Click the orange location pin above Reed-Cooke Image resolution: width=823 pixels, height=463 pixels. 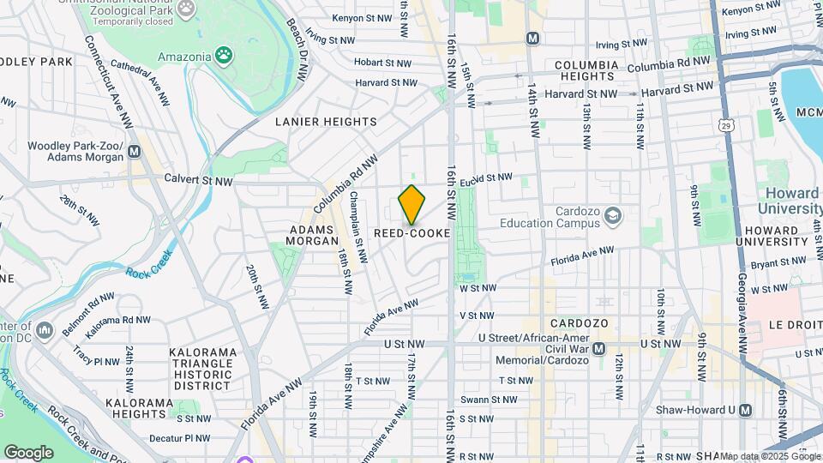[x=412, y=205]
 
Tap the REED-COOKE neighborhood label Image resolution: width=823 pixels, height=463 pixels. [x=412, y=233]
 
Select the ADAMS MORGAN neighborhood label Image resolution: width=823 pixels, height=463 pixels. [x=314, y=236]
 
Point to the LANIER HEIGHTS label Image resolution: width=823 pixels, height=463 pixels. [x=326, y=122]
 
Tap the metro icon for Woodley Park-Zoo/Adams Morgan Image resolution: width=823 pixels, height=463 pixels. [x=134, y=152]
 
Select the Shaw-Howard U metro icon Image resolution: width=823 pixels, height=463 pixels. [x=744, y=410]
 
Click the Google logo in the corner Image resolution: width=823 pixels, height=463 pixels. [x=28, y=452]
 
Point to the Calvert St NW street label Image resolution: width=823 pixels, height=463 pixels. [x=199, y=181]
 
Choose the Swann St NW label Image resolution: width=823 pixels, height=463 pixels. [x=489, y=400]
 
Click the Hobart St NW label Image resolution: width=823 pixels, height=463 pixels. [x=387, y=63]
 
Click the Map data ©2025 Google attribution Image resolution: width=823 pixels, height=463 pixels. [x=769, y=456]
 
